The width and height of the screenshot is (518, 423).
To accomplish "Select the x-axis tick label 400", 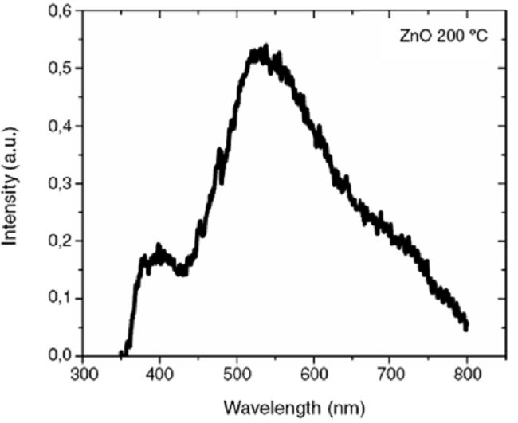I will tap(160, 373).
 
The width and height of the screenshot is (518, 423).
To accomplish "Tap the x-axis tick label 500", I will tap(237, 373).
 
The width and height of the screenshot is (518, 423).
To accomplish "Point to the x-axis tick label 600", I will tap(314, 373).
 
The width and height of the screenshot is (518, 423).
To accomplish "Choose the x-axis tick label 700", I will tap(390, 373).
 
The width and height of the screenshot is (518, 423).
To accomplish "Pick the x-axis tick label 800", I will tap(468, 373).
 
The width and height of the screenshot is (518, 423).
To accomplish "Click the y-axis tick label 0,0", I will tap(61, 356).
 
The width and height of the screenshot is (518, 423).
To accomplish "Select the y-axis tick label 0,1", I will tap(61, 299).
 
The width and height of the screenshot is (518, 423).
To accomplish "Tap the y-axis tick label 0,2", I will tap(61, 241).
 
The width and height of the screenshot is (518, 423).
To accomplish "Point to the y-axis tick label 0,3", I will tap(61, 184).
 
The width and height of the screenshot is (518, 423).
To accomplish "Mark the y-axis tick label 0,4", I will tap(61, 127).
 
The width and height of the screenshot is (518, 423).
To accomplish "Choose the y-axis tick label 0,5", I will tap(61, 69).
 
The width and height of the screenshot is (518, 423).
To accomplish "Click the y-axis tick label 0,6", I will tap(61, 12).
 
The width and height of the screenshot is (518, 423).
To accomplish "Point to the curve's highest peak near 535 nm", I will tap(265, 47).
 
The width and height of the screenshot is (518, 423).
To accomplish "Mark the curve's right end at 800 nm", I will tap(466, 325).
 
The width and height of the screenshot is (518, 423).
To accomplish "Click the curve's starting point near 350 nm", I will tap(122, 354).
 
